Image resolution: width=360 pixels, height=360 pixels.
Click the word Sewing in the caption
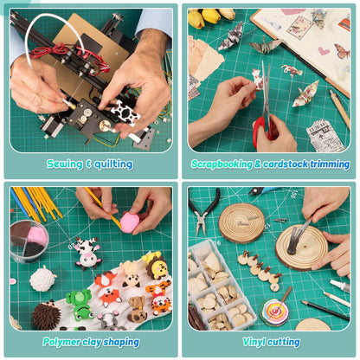point(65,164)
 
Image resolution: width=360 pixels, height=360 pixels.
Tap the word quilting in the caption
point(113,164)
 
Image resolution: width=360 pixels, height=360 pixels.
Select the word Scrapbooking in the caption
point(222,164)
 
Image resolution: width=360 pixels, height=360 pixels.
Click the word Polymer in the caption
point(61,342)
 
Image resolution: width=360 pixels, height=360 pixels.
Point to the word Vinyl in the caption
point(253,342)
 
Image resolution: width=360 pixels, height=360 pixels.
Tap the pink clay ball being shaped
point(130,223)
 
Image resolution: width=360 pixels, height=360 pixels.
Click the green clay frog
point(79,305)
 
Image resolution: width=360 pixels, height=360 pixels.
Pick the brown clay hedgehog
point(46,315)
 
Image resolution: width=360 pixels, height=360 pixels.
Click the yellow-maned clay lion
point(157,267)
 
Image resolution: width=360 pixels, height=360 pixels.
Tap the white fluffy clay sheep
point(42,280)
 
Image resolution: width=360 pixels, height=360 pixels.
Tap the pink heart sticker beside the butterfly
point(324,51)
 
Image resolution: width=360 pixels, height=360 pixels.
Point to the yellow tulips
point(211,16)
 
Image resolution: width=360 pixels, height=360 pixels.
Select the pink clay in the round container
point(37,235)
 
